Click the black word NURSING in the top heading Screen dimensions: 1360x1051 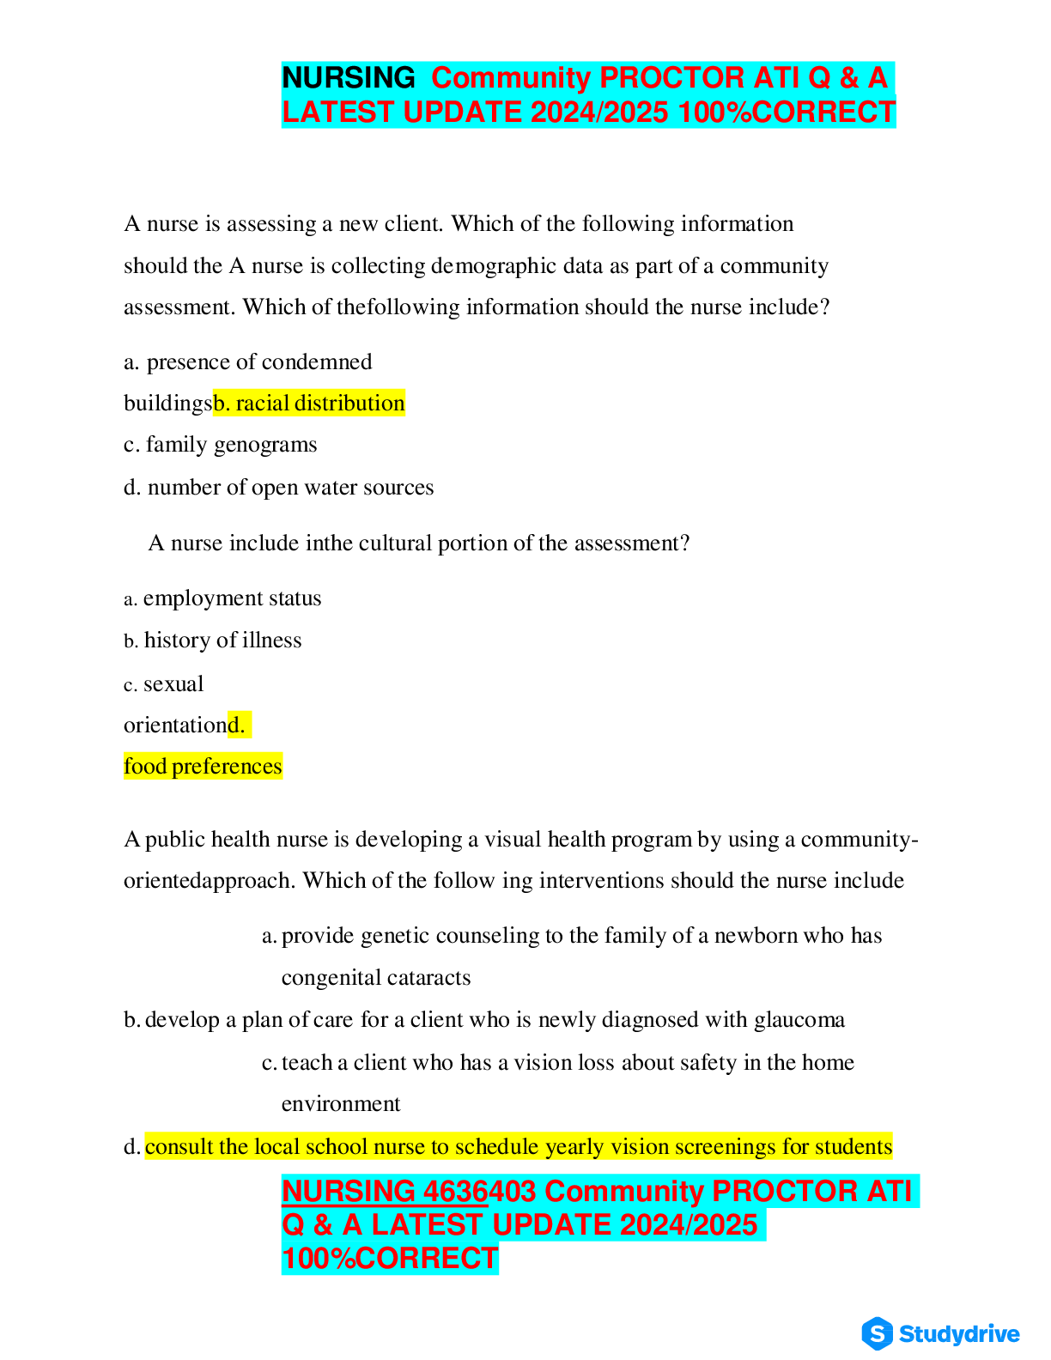click(349, 78)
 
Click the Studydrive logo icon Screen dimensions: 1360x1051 click(877, 1333)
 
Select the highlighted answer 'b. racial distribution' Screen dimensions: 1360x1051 click(309, 404)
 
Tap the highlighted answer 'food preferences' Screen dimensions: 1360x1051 click(203, 767)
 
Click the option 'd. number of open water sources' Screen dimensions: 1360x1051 click(279, 488)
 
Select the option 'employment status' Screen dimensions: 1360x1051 click(232, 598)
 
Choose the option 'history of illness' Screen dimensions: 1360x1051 click(222, 641)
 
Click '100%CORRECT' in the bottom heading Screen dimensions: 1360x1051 click(390, 1259)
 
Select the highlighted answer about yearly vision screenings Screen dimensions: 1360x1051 click(519, 1147)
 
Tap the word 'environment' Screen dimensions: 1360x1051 click(341, 1104)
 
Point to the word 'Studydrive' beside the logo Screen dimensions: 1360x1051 click(959, 1334)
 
